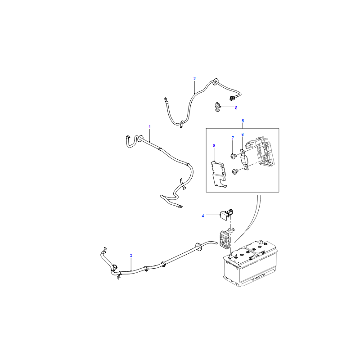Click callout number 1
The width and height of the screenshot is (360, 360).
pyautogui.click(x=150, y=127)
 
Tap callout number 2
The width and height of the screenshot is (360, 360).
pyautogui.click(x=195, y=78)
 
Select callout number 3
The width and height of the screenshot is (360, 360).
pyautogui.click(x=131, y=255)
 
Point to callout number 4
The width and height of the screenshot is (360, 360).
pyautogui.click(x=203, y=216)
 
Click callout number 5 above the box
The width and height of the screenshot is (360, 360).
pyautogui.click(x=243, y=121)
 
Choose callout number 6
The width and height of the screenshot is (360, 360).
pyautogui.click(x=243, y=134)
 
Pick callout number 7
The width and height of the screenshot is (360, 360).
pyautogui.click(x=233, y=138)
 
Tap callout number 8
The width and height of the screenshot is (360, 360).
pyautogui.click(x=236, y=108)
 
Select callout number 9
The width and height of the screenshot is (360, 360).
pyautogui.click(x=214, y=145)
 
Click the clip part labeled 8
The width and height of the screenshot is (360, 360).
pyautogui.click(x=217, y=107)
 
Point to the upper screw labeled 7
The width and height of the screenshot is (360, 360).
pyautogui.click(x=234, y=156)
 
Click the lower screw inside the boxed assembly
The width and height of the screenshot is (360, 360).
pyautogui.click(x=235, y=171)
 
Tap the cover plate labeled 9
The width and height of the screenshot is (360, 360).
pyautogui.click(x=219, y=174)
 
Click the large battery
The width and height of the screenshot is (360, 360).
pyautogui.click(x=251, y=264)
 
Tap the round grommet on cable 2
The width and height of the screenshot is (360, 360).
pyautogui.click(x=216, y=81)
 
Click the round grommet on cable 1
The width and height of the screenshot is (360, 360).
pyautogui.click(x=140, y=138)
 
